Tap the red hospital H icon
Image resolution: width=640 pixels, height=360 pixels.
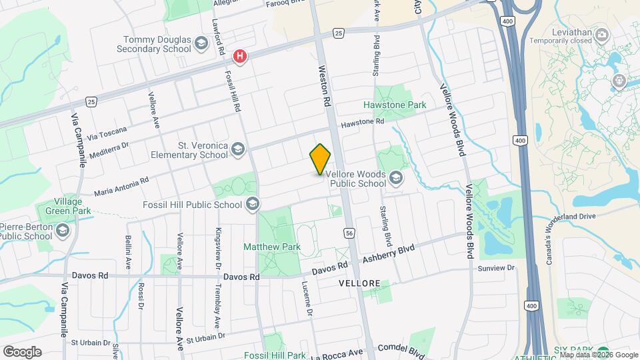pyautogui.click(x=240, y=57)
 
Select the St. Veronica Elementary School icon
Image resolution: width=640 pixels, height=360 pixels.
pyautogui.click(x=238, y=150)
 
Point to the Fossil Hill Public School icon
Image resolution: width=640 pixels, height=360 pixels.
pyautogui.click(x=252, y=205)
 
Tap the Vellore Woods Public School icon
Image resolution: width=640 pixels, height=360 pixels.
pyautogui.click(x=396, y=177)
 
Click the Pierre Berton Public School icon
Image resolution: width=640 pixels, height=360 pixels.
pyautogui.click(x=63, y=231)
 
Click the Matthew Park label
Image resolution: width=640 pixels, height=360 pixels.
pyautogui.click(x=271, y=247)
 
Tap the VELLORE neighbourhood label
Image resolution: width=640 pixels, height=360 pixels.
pyautogui.click(x=359, y=283)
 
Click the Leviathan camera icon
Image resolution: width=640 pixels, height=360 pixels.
pyautogui.click(x=602, y=34)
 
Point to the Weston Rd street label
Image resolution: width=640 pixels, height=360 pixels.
pyautogui.click(x=325, y=87)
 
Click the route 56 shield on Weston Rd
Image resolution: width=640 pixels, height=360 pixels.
pyautogui.click(x=349, y=233)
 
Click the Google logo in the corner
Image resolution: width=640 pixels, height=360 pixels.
pyautogui.click(x=22, y=351)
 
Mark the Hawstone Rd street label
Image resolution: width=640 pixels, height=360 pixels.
pyautogui.click(x=363, y=123)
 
